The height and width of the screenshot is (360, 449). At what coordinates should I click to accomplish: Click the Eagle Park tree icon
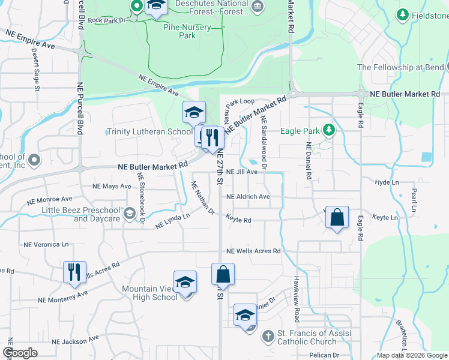tap(329, 130)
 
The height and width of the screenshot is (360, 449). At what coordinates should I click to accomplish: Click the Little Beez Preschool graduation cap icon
tap(129, 214)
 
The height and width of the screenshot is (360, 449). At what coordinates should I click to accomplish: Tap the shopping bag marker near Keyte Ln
tap(337, 218)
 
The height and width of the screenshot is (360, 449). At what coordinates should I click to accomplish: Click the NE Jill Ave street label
tap(242, 172)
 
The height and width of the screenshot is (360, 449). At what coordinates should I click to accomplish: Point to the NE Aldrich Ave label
tap(248, 196)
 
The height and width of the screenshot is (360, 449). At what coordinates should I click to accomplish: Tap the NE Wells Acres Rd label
tap(253, 251)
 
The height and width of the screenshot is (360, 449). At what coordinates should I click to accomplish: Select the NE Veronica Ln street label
tap(46, 245)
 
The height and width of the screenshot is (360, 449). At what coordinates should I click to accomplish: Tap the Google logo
tap(20, 353)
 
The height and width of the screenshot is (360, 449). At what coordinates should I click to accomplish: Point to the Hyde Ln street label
tap(387, 182)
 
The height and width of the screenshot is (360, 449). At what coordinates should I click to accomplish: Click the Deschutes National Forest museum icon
tap(258, 7)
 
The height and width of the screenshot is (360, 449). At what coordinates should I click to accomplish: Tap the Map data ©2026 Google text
tap(411, 355)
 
